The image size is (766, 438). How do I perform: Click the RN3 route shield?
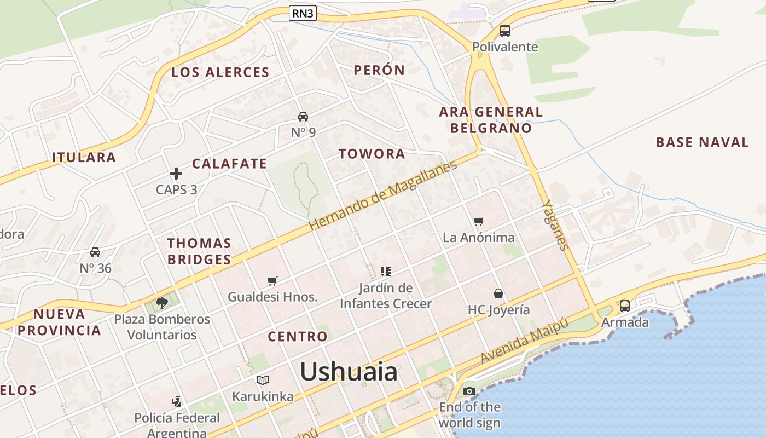click(x=303, y=13)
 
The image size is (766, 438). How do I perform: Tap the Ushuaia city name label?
click(x=349, y=372)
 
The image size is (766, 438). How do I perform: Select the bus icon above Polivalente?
click(x=505, y=31)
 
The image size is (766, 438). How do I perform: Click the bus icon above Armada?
click(x=625, y=306)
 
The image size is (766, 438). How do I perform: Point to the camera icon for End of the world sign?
click(x=469, y=391)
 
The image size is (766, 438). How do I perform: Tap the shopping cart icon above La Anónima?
click(x=479, y=221)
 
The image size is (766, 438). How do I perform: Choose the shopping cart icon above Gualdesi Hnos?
click(x=272, y=281)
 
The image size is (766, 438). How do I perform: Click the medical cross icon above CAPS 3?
click(x=176, y=174)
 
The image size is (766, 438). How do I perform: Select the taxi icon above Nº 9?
click(x=303, y=116)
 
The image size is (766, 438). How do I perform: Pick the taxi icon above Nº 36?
click(x=95, y=252)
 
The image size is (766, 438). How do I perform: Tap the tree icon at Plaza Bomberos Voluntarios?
click(x=161, y=303)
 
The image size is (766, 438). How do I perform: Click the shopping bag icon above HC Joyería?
click(x=498, y=293)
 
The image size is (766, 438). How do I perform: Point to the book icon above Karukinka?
click(x=263, y=380)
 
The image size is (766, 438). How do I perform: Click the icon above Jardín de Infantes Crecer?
click(x=386, y=271)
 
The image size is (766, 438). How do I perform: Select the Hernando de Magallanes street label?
click(x=382, y=195)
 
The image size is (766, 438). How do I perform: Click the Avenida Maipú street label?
click(x=525, y=341)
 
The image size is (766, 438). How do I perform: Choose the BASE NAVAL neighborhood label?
click(x=702, y=142)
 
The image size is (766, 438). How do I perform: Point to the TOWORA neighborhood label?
click(x=372, y=154)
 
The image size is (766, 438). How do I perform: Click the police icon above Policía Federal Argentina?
click(x=176, y=402)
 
